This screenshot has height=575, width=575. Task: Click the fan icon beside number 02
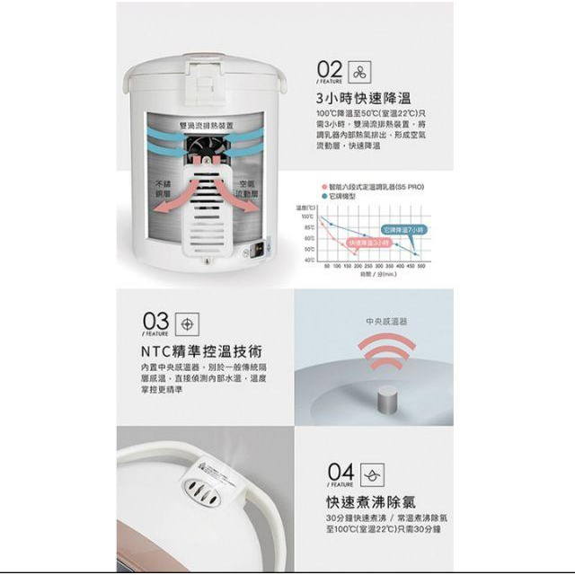point(362,71)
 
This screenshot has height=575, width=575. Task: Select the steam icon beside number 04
point(371,474)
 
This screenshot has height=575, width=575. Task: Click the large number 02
point(329,69)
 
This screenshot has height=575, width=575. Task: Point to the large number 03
point(155,322)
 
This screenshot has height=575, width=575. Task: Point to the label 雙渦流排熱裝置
point(205,126)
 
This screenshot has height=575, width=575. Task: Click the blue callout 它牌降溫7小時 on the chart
point(403,230)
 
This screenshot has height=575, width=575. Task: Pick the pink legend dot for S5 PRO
point(322,186)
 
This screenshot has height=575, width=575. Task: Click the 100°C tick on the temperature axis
point(307,217)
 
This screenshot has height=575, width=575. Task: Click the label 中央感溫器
point(386,321)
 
